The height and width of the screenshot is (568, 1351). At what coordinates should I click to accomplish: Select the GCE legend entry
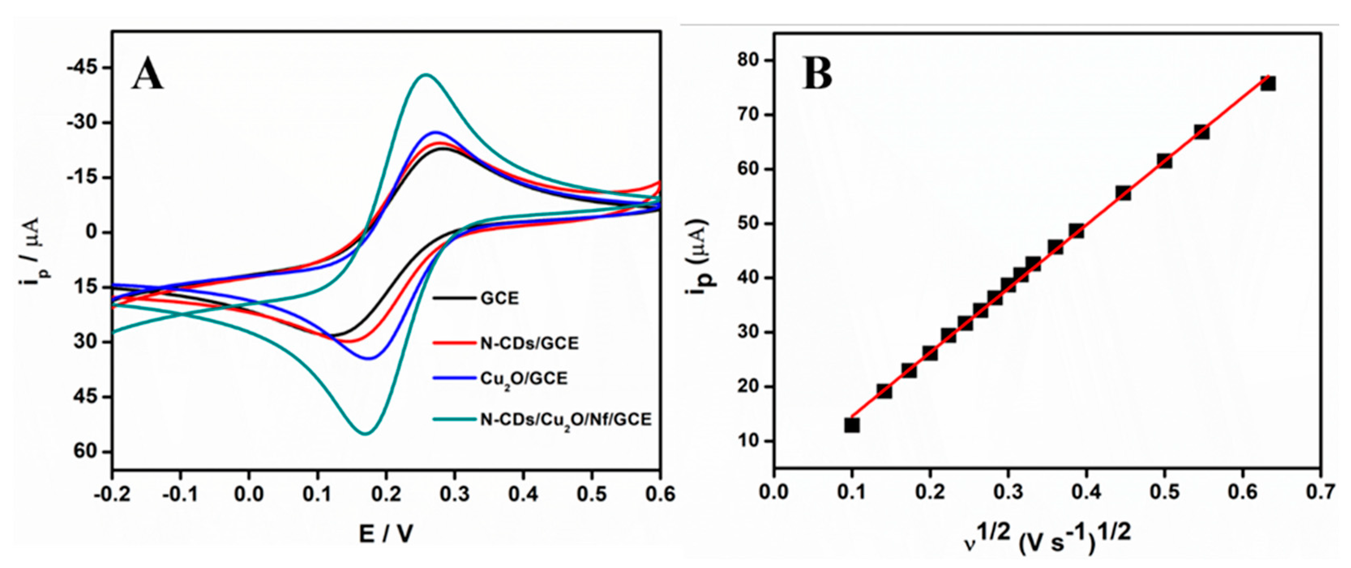(499, 298)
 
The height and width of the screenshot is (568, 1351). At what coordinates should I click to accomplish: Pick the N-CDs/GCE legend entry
(529, 343)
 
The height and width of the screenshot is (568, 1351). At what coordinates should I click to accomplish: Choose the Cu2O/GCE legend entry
(523, 378)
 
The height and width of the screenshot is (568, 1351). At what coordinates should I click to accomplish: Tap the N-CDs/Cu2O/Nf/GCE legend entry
(565, 420)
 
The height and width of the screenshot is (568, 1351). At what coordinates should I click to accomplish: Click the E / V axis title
(386, 534)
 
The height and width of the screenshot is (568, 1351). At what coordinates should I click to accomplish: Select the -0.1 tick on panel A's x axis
(180, 495)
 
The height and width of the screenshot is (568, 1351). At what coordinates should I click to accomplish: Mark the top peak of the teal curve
(425, 75)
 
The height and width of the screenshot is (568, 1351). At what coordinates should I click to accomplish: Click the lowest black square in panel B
(852, 425)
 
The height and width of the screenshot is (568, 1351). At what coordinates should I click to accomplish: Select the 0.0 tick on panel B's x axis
(774, 493)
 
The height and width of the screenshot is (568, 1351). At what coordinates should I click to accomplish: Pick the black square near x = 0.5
(1164, 161)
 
